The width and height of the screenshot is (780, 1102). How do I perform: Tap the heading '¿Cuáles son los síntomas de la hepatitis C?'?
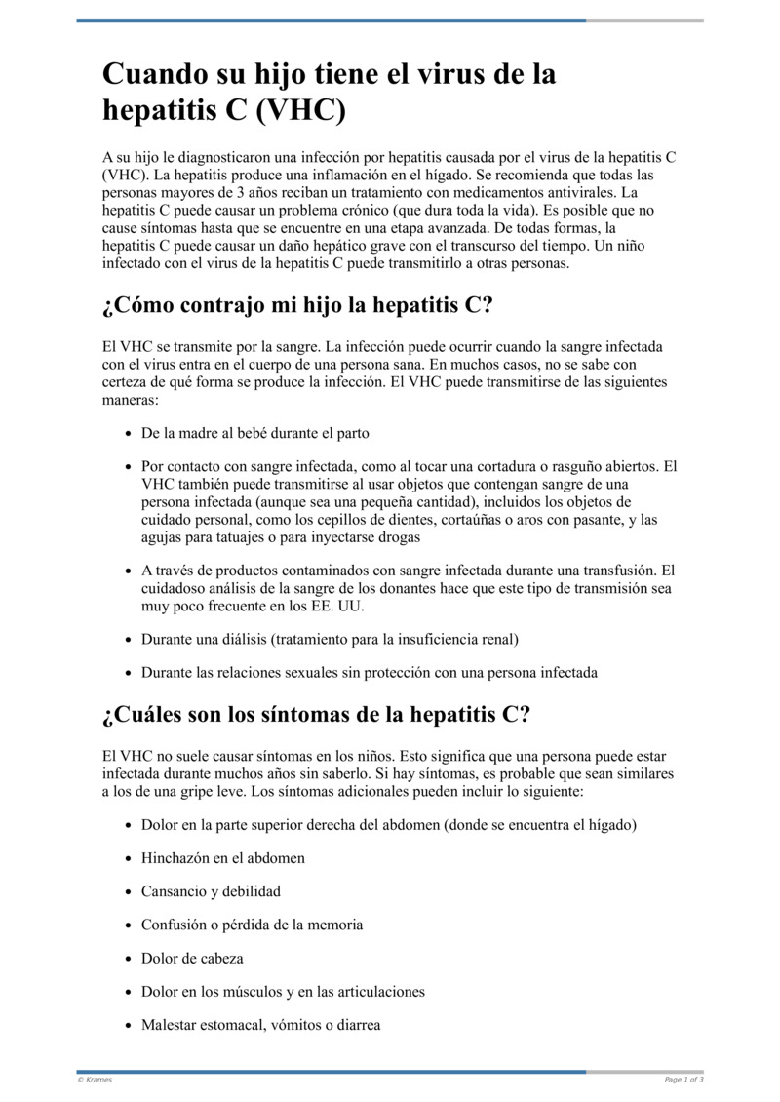click(x=316, y=715)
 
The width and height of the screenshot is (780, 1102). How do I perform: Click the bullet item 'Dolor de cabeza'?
click(x=192, y=958)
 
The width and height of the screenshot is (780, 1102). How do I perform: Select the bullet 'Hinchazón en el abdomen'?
click(x=223, y=858)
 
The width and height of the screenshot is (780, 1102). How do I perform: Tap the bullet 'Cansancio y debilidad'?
click(x=211, y=891)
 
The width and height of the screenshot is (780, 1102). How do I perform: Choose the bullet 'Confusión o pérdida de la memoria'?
click(x=252, y=925)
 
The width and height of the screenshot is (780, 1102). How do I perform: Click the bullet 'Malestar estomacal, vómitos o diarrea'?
click(x=260, y=1025)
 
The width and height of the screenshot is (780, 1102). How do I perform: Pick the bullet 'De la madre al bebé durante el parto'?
click(x=255, y=433)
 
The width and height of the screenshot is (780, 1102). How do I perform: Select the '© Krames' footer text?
click(x=95, y=1080)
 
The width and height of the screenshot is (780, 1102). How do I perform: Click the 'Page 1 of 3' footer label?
click(x=683, y=1080)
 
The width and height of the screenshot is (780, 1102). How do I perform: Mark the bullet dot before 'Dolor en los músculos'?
click(x=130, y=992)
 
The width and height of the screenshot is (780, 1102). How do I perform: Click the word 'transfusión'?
click(x=619, y=571)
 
